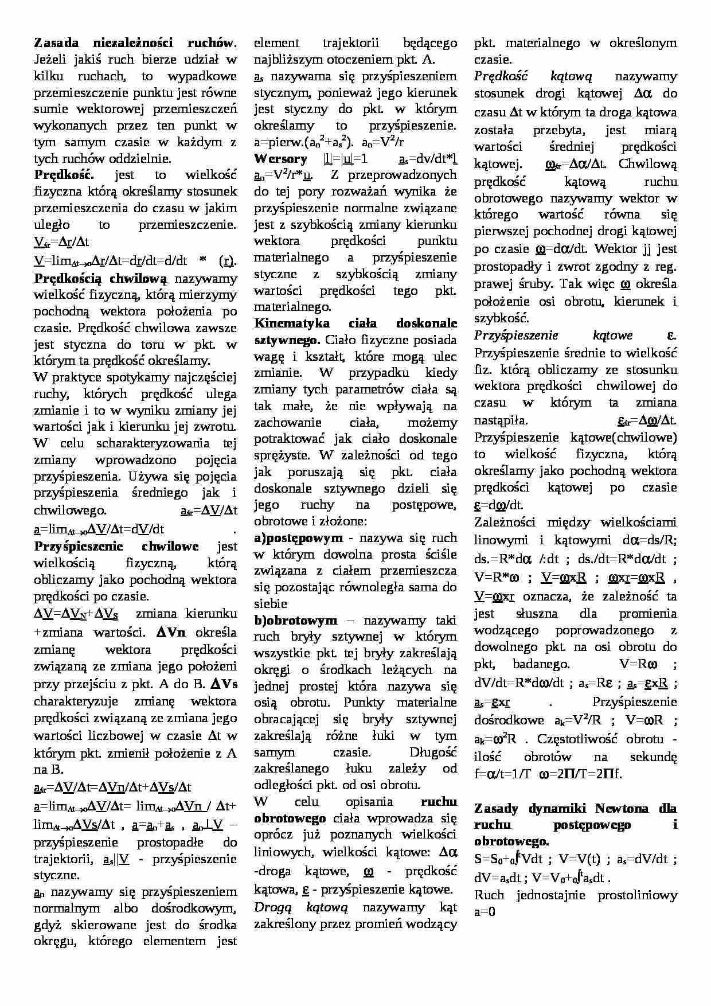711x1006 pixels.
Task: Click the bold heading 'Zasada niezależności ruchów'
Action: tap(134, 42)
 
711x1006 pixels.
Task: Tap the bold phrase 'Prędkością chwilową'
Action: tap(100, 279)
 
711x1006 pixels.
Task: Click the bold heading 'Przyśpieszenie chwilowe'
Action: tap(116, 546)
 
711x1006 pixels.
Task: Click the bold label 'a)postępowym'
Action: tap(298, 538)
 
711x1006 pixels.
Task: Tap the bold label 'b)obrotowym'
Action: tap(295, 621)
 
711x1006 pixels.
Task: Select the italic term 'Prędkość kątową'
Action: tap(533, 76)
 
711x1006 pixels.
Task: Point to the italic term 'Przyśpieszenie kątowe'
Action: tap(553, 336)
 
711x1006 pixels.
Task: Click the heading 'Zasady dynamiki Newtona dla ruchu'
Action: tap(575, 809)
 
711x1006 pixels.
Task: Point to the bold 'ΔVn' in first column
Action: tap(171, 633)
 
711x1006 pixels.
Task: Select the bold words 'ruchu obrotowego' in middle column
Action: tap(355, 810)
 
